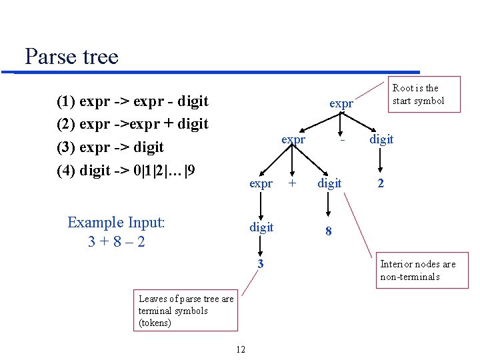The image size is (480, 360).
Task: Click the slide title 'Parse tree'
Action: [x=71, y=56]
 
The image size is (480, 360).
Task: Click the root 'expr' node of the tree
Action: [x=341, y=103]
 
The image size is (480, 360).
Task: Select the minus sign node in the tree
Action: [x=341, y=141]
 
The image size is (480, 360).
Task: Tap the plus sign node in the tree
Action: [x=291, y=183]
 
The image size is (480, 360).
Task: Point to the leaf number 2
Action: [x=380, y=183]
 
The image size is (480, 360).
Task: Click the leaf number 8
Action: [x=328, y=231]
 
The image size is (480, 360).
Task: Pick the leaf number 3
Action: [x=261, y=264]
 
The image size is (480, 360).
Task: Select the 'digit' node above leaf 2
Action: [x=381, y=139]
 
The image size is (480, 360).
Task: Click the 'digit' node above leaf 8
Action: [x=329, y=183]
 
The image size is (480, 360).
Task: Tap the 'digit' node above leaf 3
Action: [x=261, y=227]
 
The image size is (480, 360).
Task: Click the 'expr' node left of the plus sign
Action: [x=261, y=183]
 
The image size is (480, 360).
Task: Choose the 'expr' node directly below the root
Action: [x=293, y=139]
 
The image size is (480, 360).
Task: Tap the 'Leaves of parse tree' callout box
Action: [x=186, y=311]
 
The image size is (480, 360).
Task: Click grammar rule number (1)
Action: [x=133, y=101]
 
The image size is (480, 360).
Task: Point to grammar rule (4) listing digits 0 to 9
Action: [x=126, y=171]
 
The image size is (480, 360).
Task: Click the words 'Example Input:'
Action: [x=116, y=222]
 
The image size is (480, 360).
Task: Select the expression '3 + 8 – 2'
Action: [x=116, y=241]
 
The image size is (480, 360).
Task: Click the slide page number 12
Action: [x=241, y=349]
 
